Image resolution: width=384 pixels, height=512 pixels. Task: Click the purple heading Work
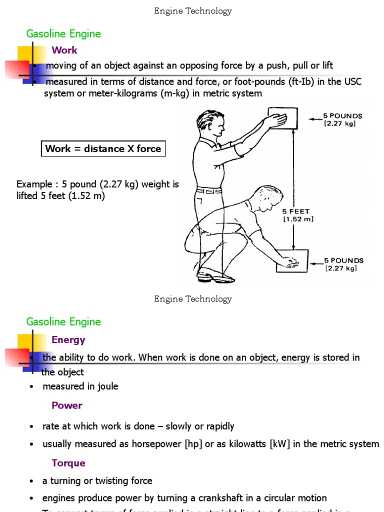tap(64, 50)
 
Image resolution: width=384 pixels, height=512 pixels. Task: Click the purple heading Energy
tap(68, 340)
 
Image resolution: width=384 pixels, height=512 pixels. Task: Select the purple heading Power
tap(67, 405)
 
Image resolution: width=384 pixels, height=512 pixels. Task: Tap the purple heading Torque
tap(68, 463)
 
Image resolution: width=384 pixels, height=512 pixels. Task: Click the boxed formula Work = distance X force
tap(103, 148)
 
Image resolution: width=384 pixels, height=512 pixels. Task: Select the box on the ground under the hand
tap(292, 261)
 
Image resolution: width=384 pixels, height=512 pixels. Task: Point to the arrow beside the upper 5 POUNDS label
tap(314, 119)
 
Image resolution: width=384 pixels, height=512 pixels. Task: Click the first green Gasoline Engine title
tap(63, 34)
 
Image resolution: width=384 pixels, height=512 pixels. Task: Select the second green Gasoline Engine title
tap(63, 322)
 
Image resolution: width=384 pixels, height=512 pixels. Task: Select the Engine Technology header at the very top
tap(193, 11)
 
